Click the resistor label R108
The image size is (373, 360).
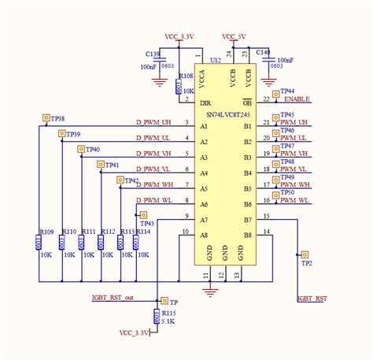tap(186, 76)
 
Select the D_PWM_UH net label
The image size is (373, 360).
tap(154, 122)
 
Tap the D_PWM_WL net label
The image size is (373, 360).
tap(154, 200)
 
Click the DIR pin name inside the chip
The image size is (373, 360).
tap(205, 103)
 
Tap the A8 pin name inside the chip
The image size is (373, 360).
tap(204, 235)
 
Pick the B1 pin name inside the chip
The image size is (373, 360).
tap(247, 126)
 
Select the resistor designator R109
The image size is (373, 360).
tap(46, 232)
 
